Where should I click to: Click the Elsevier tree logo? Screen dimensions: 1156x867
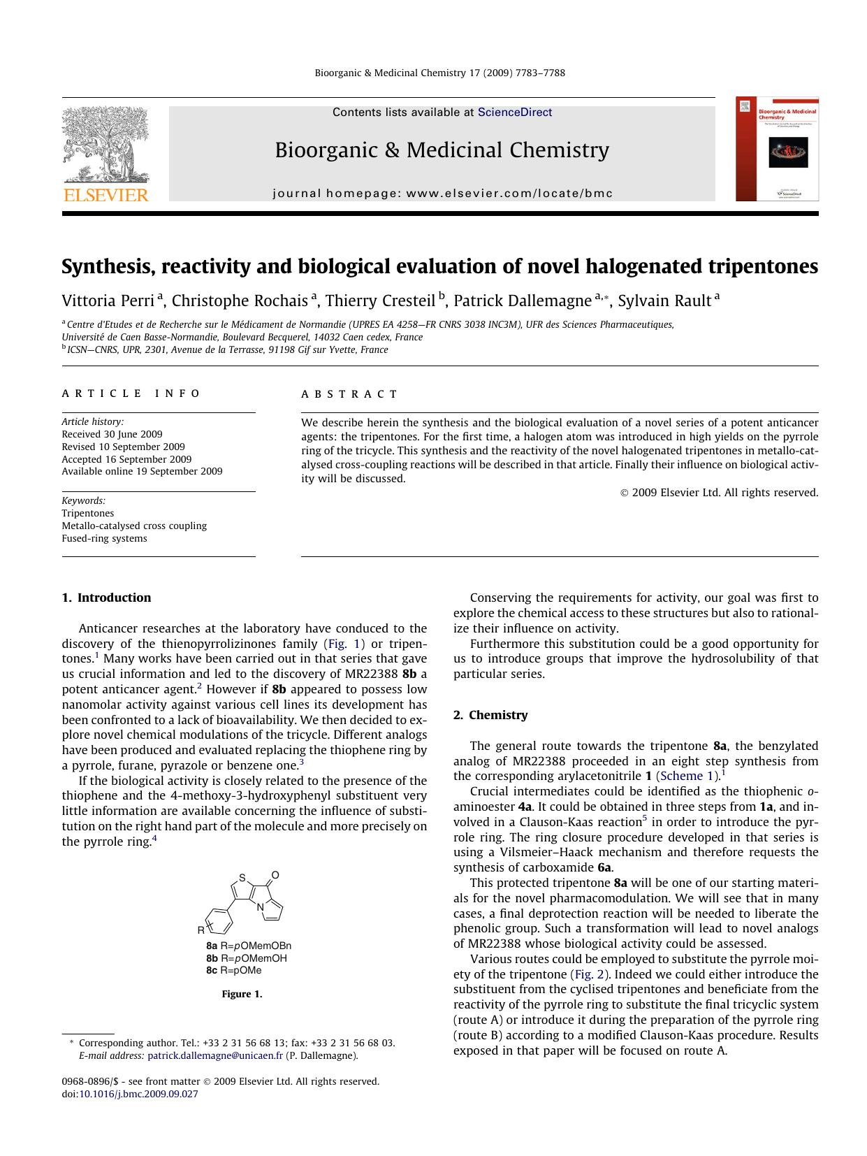pyautogui.click(x=105, y=153)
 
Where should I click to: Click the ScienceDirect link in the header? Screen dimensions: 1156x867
pyautogui.click(x=514, y=113)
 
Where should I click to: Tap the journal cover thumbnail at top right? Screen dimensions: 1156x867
pyautogui.click(x=777, y=149)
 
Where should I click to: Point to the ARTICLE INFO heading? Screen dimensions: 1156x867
pyautogui.click(x=131, y=393)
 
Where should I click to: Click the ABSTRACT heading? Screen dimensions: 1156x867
pyautogui.click(x=350, y=394)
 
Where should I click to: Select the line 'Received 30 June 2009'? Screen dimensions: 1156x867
pyautogui.click(x=112, y=434)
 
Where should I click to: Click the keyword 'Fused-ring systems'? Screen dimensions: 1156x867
pyautogui.click(x=104, y=538)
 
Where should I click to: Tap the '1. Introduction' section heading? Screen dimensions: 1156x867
pyautogui.click(x=106, y=598)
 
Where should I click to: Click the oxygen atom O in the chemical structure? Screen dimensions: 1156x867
pyautogui.click(x=275, y=874)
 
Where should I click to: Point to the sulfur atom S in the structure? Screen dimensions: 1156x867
pyautogui.click(x=242, y=878)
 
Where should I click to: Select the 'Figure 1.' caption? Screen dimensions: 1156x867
pyautogui.click(x=242, y=994)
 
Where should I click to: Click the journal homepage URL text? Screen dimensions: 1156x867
pyautogui.click(x=442, y=194)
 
